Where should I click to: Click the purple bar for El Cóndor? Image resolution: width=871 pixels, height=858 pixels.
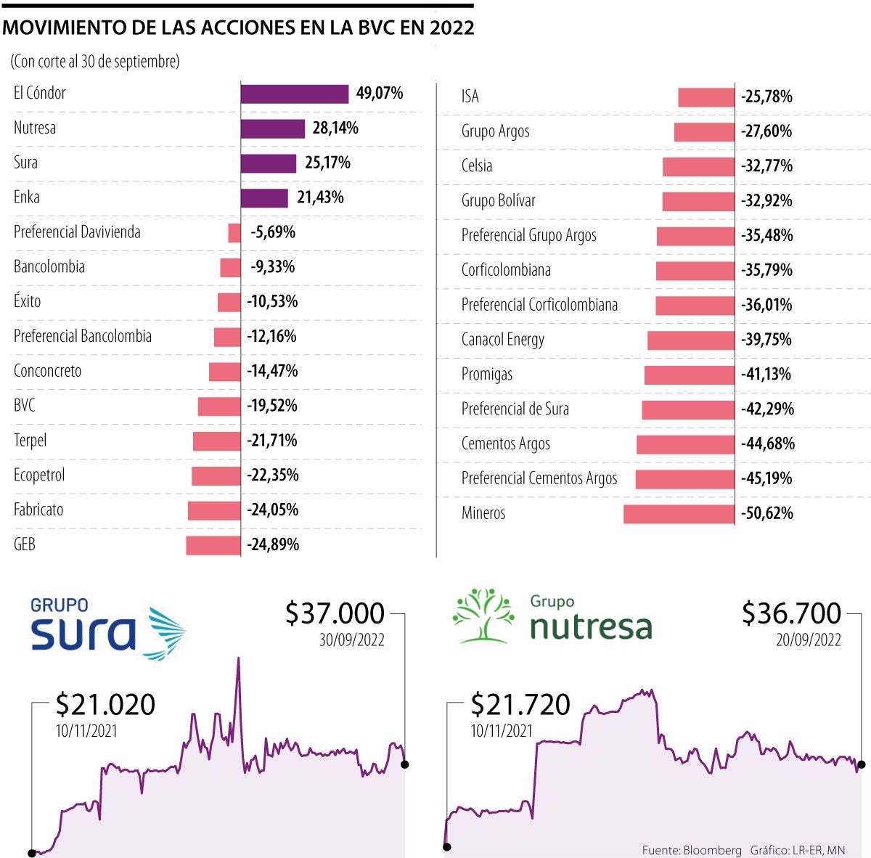(x=295, y=94)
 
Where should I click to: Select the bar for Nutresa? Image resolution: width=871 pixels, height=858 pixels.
(x=273, y=128)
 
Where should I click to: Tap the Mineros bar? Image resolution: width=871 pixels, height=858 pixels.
(x=679, y=514)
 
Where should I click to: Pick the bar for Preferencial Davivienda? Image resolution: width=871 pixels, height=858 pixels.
(x=234, y=233)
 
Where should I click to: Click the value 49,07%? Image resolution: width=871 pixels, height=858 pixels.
(x=380, y=94)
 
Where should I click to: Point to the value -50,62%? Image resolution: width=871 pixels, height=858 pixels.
(x=767, y=514)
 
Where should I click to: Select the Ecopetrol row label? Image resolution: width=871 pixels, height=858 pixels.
(x=39, y=475)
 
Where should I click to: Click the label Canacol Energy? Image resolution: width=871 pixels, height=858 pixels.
(x=503, y=340)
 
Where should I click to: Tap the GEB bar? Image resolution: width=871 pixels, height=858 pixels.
(x=213, y=545)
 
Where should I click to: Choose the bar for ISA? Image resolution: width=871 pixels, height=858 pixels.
(x=706, y=97)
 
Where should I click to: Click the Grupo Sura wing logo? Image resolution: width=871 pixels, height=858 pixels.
(x=166, y=632)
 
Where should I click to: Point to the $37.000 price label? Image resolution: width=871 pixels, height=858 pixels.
(x=335, y=614)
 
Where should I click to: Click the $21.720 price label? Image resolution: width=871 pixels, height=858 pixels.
(x=520, y=705)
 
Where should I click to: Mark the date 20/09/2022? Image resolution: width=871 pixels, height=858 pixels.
(x=808, y=640)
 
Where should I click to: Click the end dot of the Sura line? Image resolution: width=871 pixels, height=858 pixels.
(x=405, y=764)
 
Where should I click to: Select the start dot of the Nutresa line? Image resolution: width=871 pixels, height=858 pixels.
(x=447, y=846)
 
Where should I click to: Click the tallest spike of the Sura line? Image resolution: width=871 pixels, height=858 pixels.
(x=237, y=661)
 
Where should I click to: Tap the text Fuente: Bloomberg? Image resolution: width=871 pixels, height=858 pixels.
(x=692, y=850)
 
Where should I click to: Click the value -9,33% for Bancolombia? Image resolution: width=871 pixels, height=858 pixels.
(x=273, y=267)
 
